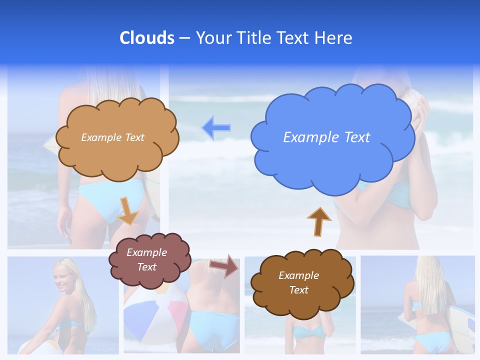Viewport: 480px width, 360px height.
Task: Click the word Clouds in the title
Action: pos(147,38)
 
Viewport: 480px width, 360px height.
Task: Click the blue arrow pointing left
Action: pos(216,128)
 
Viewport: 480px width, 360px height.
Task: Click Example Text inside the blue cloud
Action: pos(326,137)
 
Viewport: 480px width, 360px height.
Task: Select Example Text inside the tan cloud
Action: pos(112,137)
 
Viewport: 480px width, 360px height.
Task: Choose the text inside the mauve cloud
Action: pos(147,259)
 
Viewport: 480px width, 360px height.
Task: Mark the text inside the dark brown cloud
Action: pos(298,282)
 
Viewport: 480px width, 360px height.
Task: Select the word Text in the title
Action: pos(295,38)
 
